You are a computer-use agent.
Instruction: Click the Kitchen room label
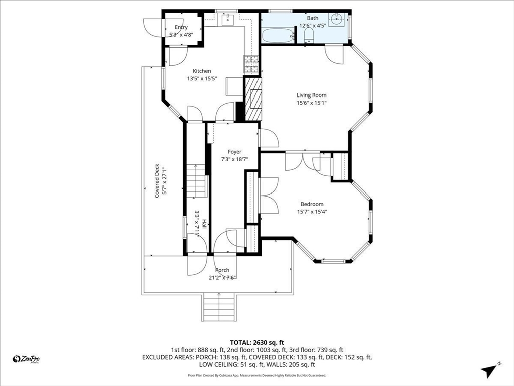[202, 71]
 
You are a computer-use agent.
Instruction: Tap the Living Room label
[311, 95]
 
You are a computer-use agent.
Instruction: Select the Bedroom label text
[312, 204]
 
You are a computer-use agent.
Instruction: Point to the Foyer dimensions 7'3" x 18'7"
[235, 159]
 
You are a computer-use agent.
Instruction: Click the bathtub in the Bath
[278, 35]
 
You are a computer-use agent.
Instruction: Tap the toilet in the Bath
[309, 35]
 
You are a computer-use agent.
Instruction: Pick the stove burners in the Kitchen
[251, 64]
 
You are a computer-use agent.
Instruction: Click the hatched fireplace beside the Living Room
[253, 99]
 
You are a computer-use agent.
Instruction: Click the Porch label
[222, 270]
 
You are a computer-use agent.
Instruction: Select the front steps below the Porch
[219, 307]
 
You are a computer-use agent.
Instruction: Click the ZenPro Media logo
[26, 359]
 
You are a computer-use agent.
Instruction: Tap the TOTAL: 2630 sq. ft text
[257, 343]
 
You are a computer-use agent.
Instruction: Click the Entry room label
[181, 27]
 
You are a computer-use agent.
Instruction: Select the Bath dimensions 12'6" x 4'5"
[312, 25]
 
